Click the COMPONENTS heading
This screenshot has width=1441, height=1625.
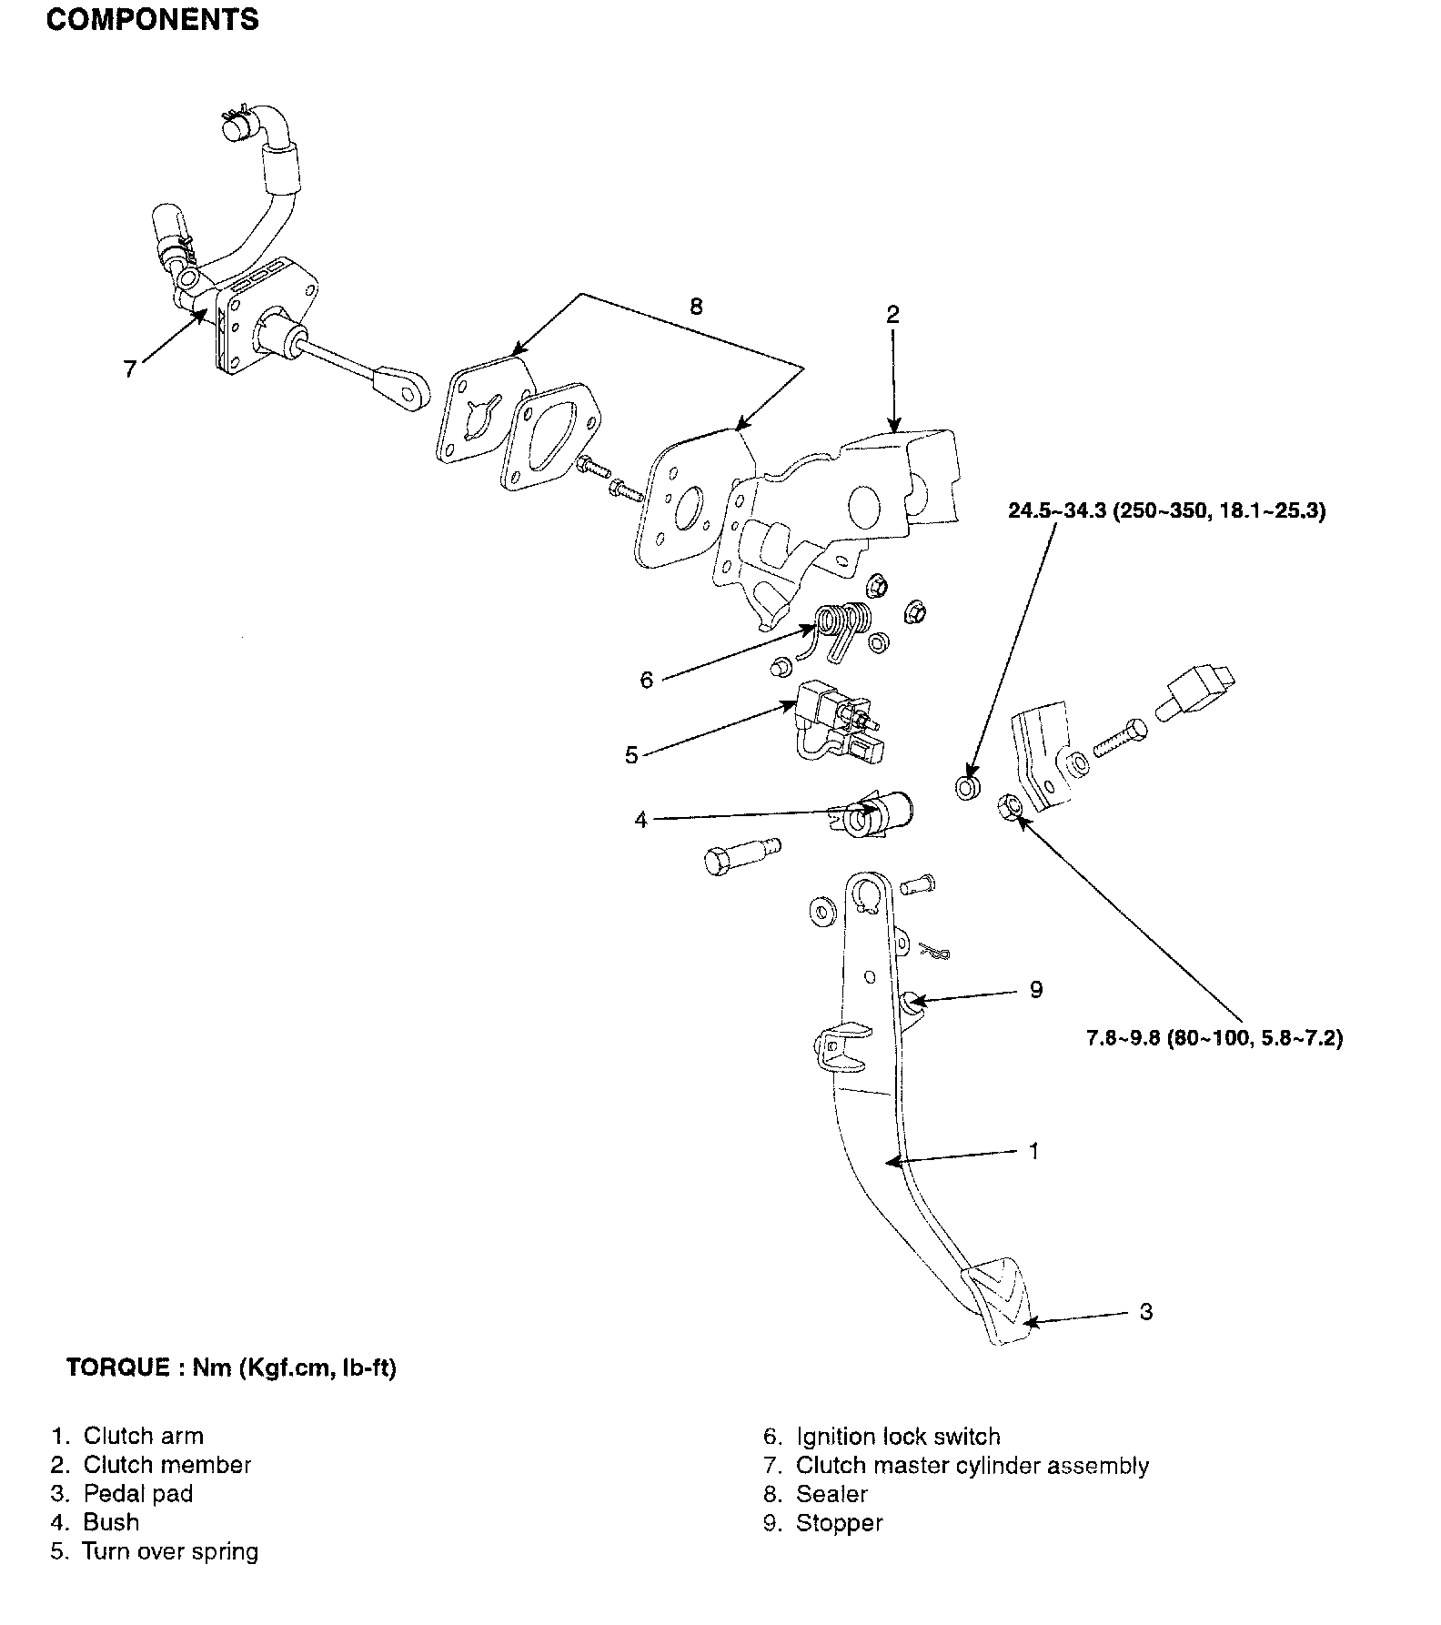[x=152, y=20]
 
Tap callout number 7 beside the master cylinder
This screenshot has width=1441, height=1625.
[x=130, y=368]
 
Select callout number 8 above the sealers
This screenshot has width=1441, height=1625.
[x=696, y=306]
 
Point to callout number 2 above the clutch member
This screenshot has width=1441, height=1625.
[x=892, y=315]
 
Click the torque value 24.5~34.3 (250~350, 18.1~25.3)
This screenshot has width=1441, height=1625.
[x=1166, y=510]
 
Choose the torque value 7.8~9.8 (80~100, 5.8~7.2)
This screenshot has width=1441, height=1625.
[x=1214, y=1037]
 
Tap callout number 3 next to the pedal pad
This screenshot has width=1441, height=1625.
[x=1145, y=1311]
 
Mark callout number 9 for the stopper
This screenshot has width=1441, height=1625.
[x=1035, y=990]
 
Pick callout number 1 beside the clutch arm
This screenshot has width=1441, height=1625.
[x=1033, y=1151]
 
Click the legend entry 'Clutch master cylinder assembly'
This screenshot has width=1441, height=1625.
[x=972, y=1465]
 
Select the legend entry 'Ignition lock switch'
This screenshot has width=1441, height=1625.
[x=897, y=1436]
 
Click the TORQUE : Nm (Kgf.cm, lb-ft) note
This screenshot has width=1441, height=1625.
[x=231, y=1368]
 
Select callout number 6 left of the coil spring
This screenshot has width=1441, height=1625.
[x=647, y=680]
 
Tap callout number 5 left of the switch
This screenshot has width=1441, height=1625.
[x=632, y=755]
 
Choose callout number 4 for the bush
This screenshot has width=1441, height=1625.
[x=640, y=820]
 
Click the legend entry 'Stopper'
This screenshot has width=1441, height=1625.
[x=839, y=1522]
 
